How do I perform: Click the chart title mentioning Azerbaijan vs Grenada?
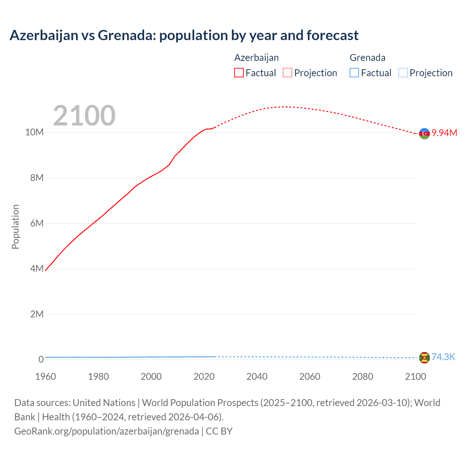184,35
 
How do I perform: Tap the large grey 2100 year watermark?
84,116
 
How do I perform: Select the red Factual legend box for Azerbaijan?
239,73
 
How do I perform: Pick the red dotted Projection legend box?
287,73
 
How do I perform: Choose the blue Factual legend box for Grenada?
354,73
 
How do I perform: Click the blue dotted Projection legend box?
403,73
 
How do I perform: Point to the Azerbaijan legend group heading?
256,58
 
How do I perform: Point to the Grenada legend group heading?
367,58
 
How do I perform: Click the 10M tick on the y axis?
34,132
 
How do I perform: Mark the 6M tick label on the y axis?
36,223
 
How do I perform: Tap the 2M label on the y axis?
36,314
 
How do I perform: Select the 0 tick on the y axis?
41,360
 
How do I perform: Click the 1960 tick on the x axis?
46,377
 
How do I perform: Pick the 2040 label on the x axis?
257,377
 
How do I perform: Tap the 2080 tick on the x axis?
363,377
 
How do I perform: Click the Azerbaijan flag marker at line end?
424,134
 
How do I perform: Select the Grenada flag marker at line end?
424,358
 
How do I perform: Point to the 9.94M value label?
444,133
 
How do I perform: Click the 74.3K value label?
443,357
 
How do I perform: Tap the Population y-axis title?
15,227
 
